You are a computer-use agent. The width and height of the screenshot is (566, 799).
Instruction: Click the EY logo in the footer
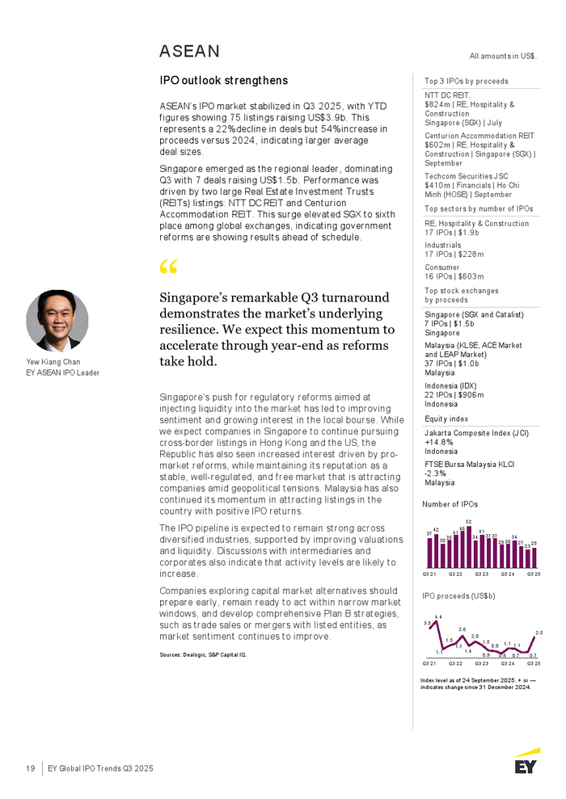(526, 761)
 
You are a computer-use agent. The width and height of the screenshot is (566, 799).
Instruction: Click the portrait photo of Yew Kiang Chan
(57, 320)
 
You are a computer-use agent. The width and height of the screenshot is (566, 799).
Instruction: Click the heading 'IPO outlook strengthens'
(223, 81)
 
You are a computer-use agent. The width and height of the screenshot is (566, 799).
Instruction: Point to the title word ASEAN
(189, 52)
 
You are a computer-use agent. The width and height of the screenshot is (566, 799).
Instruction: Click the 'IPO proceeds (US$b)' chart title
(458, 595)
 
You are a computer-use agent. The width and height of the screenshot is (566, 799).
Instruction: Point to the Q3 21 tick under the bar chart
(430, 574)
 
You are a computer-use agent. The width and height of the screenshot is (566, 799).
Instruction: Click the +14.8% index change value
(437, 443)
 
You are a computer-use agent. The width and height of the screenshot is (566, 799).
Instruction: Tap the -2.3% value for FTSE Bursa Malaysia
(435, 473)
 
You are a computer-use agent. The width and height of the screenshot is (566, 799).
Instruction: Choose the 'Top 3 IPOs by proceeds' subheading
(467, 82)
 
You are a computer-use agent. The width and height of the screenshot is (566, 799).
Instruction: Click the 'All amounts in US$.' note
(503, 56)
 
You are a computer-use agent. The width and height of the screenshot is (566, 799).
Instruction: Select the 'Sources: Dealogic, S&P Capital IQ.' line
(203, 654)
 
